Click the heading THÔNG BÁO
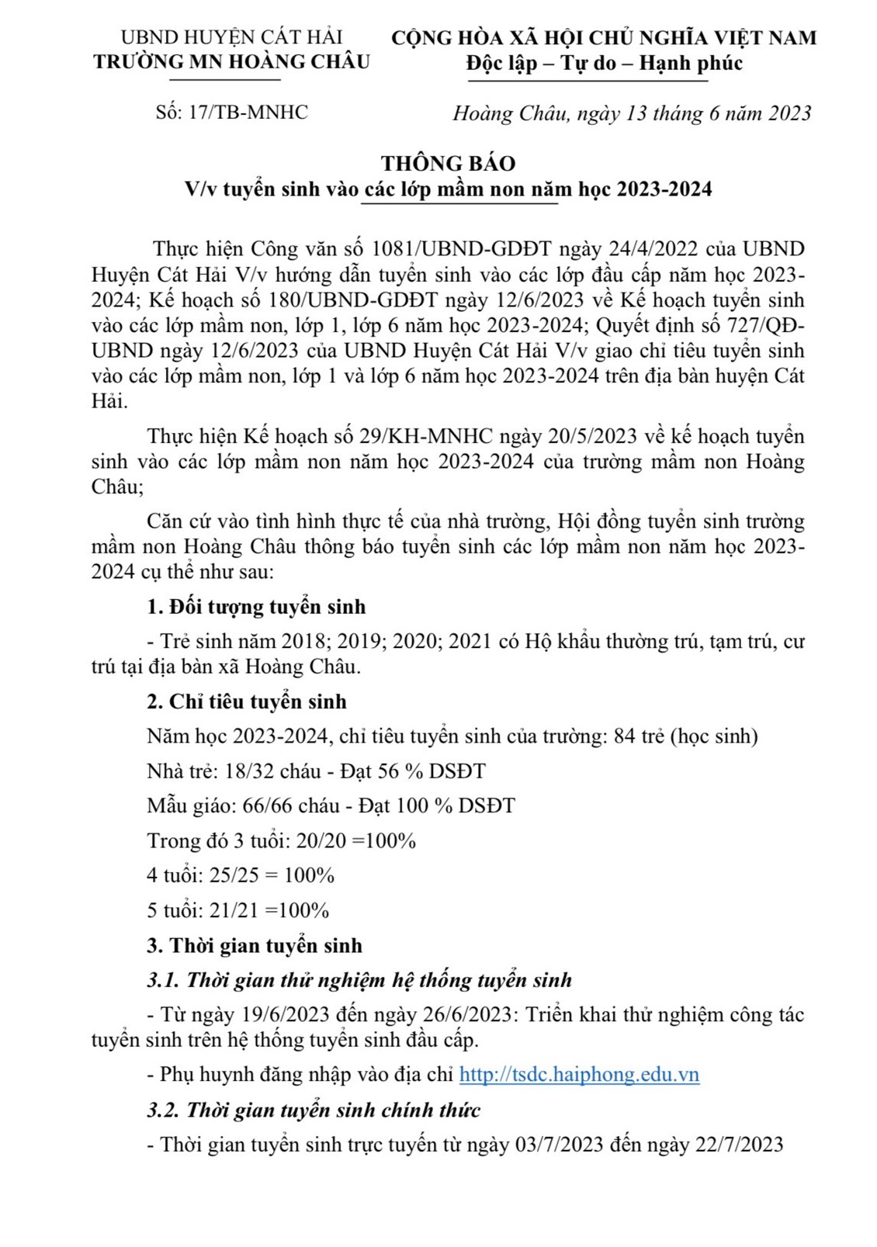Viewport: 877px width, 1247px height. click(x=448, y=163)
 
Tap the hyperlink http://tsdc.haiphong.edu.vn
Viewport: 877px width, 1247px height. click(x=579, y=1075)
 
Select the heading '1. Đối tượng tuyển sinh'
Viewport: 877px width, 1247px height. click(x=256, y=607)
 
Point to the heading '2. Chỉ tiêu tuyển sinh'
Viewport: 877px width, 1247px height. click(x=247, y=701)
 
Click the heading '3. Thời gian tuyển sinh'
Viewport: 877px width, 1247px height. click(x=255, y=946)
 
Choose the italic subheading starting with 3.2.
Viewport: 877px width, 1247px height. click(x=314, y=1110)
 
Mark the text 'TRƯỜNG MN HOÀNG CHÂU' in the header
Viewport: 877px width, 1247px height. click(x=232, y=62)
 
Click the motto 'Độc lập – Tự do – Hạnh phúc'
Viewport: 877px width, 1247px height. click(x=604, y=63)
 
